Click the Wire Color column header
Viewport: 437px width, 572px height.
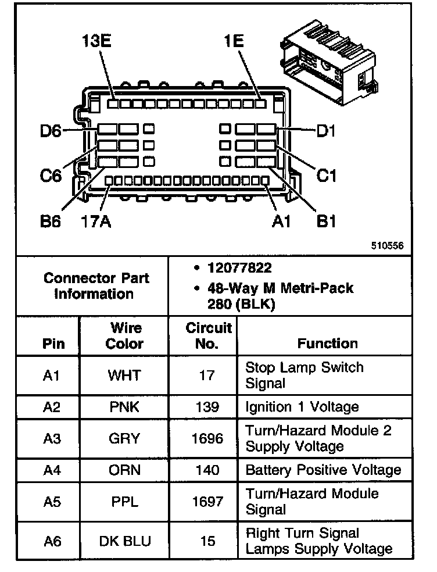tap(124, 335)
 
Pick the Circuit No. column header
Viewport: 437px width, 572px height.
tap(209, 335)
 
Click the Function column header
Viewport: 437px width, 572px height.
tap(328, 343)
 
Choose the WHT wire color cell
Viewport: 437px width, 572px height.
tap(124, 376)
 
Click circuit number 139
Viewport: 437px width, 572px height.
tap(207, 407)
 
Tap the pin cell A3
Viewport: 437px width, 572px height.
tap(52, 438)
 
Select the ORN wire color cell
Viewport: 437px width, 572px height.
tap(124, 470)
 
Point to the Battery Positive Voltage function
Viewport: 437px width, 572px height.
tap(323, 470)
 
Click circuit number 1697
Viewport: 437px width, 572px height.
tap(207, 501)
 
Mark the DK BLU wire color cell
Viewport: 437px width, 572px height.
tap(124, 541)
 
